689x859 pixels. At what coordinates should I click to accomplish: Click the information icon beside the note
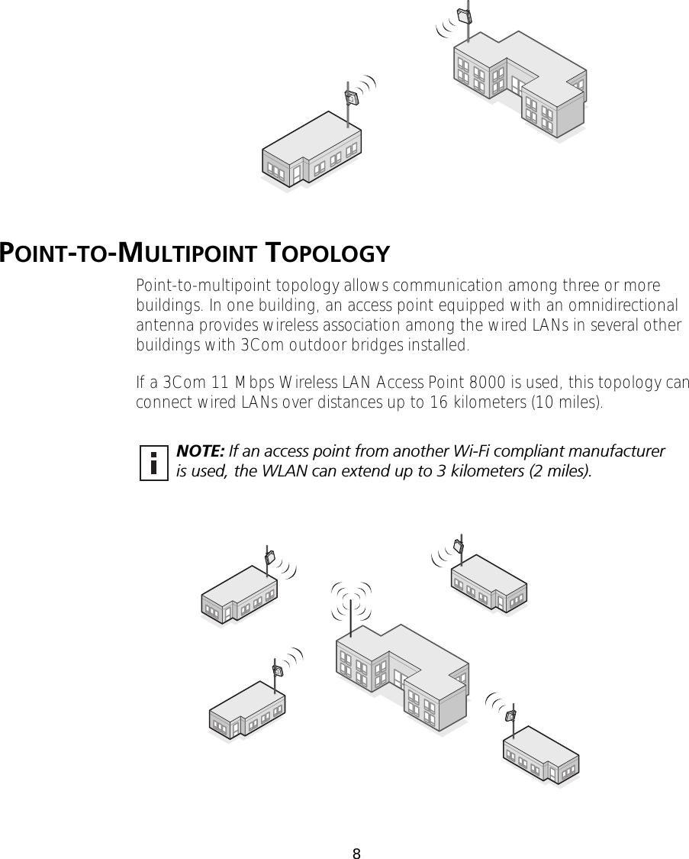[153, 462]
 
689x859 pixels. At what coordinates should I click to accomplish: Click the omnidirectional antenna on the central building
[350, 611]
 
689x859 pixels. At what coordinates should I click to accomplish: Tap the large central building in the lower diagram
[401, 676]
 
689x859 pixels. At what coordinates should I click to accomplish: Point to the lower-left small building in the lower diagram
[248, 710]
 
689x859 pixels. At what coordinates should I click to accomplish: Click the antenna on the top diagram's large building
[463, 17]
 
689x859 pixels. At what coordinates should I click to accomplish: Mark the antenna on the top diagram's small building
[351, 98]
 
